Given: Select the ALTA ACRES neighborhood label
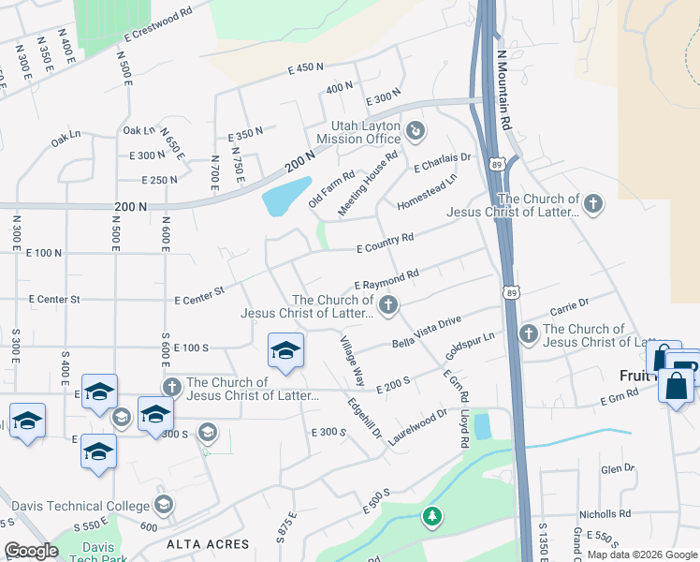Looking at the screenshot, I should [208, 544].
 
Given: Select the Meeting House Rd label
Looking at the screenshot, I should [368, 184].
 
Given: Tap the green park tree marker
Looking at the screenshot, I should [431, 516].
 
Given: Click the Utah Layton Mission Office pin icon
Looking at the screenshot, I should [416, 129].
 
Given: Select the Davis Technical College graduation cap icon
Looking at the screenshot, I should [164, 506].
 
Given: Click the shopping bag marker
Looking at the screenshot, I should [676, 385].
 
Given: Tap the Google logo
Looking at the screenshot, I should [32, 551].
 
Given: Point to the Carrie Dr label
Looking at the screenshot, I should [569, 303].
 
